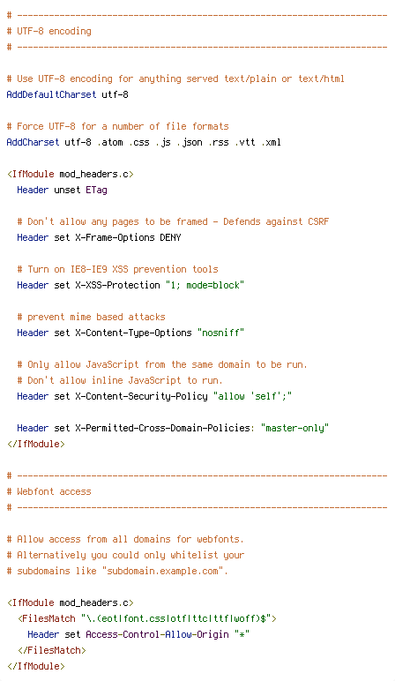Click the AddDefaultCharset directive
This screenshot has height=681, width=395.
[x=51, y=94]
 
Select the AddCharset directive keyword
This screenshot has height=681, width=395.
[x=33, y=142]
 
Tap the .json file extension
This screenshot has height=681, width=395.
[x=190, y=142]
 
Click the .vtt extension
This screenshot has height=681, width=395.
[x=245, y=142]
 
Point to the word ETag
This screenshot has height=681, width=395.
[x=96, y=191]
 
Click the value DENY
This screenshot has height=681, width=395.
[x=170, y=237]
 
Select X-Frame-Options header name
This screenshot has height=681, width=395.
[x=115, y=237]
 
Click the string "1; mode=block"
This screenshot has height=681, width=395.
[x=205, y=285]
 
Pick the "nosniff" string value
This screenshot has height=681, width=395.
[x=220, y=333]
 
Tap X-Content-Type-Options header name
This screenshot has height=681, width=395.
[x=134, y=333]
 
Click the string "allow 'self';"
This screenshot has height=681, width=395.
[x=253, y=396]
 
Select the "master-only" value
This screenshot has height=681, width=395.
[x=294, y=428]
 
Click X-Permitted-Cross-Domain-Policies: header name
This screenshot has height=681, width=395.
[x=165, y=428]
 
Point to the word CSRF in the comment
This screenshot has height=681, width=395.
[x=318, y=221]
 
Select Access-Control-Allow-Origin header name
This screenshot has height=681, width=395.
[x=158, y=634]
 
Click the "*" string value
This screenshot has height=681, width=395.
[x=242, y=634]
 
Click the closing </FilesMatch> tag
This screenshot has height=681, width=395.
[x=52, y=650]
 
